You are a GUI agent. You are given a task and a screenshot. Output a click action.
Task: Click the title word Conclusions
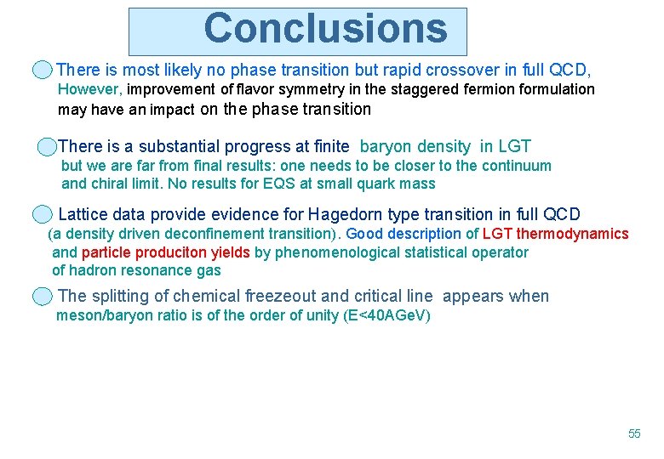tap(325, 29)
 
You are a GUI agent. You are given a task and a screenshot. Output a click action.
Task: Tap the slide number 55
tap(634, 433)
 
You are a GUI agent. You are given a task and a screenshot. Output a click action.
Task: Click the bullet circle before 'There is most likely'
tap(43, 70)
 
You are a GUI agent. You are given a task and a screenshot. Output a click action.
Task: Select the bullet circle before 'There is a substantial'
tap(47, 147)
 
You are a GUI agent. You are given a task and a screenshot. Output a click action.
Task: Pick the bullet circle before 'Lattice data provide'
tap(43, 214)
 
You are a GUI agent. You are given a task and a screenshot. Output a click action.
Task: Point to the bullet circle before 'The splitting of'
tap(43, 296)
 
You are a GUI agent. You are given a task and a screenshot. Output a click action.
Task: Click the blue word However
tap(89, 89)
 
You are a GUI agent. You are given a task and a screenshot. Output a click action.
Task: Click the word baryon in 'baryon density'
tap(387, 147)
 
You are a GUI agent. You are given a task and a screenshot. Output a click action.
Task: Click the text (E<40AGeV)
tap(386, 316)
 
